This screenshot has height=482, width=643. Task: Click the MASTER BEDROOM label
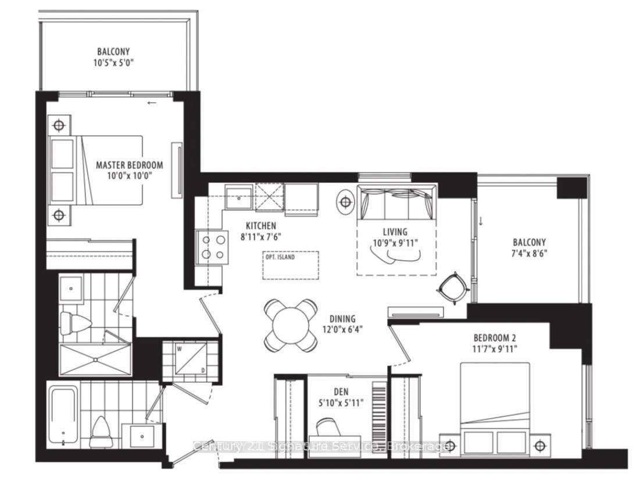tap(129, 165)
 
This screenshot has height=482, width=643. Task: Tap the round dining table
tap(291, 325)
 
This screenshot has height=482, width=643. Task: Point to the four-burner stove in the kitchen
tap(211, 247)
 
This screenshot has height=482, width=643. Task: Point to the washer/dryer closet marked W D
tap(190, 358)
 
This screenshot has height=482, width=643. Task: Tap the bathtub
tap(63, 416)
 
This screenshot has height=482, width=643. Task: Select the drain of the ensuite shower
tap(95, 361)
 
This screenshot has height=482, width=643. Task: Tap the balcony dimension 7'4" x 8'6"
tap(530, 253)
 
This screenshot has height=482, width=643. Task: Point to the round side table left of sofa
tap(345, 202)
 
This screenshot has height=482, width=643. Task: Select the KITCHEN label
tap(260, 225)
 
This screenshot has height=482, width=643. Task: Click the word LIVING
tap(395, 232)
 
